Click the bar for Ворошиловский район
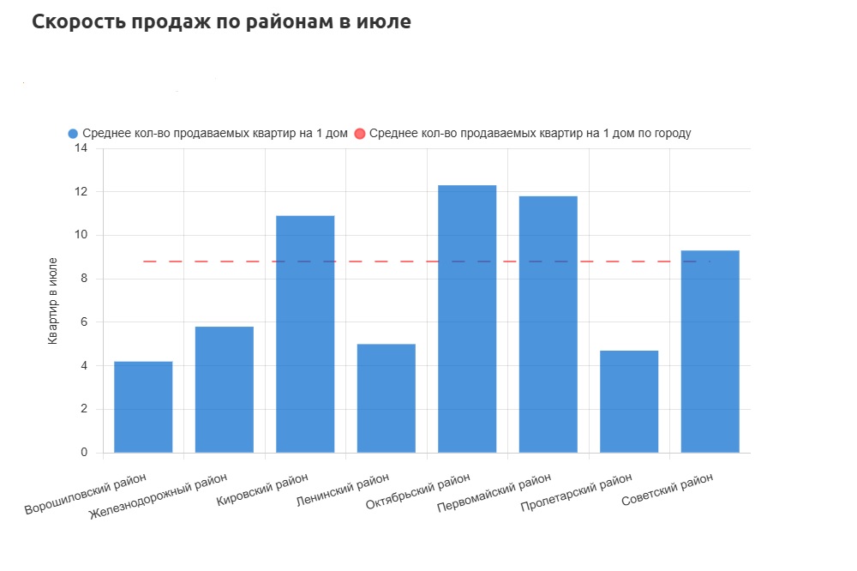[x=143, y=406]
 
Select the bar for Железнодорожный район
[x=225, y=389]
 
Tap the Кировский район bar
[x=305, y=334]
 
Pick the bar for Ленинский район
[x=386, y=398]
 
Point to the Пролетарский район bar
[x=629, y=401]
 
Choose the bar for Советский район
[x=710, y=352]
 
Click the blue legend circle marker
[x=73, y=134]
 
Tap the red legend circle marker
[x=360, y=134]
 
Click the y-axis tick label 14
[x=81, y=148]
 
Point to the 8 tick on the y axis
[x=84, y=279]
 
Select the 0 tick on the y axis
[x=84, y=453]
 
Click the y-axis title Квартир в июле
[x=52, y=300]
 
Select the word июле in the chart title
[x=384, y=22]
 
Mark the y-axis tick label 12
[x=81, y=192]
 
